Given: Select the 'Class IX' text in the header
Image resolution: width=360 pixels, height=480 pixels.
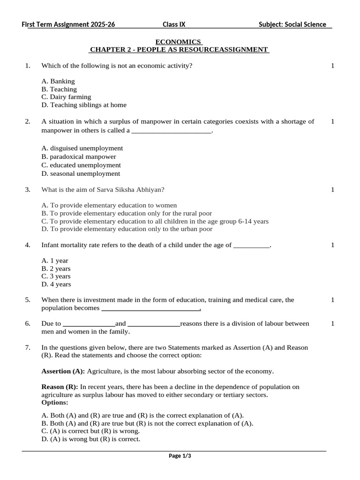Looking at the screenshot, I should point(174,24).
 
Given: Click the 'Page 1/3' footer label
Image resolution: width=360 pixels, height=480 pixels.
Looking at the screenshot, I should point(180,456).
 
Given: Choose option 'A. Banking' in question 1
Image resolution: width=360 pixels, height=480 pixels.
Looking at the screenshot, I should point(58,81).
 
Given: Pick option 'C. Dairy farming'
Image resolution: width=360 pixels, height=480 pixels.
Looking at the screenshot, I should point(66,97).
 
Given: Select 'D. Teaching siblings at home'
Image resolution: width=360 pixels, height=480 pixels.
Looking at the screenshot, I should point(84,105).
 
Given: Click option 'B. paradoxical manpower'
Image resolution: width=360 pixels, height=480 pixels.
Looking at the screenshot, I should point(79,157).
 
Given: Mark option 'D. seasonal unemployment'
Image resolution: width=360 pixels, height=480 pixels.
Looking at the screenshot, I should point(81,173).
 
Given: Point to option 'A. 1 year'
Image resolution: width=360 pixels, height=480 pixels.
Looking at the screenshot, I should point(55,261).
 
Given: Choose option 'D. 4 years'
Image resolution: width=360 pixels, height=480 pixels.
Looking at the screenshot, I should point(56,284).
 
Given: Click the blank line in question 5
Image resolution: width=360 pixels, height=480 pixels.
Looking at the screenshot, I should point(151,309).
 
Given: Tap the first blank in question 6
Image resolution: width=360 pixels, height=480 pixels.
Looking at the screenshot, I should point(89,324).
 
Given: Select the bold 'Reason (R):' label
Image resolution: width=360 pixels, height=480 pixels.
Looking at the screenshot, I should point(60,387).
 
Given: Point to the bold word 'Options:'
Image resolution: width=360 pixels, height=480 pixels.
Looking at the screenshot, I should point(55,402).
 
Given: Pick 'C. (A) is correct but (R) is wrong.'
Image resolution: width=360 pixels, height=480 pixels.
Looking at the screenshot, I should point(90,431).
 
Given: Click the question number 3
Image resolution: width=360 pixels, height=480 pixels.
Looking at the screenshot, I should point(28,189).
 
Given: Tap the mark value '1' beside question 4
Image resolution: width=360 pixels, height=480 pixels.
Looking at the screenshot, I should point(332,245).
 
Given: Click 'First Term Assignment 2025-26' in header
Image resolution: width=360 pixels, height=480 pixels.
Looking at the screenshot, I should point(68,24).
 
